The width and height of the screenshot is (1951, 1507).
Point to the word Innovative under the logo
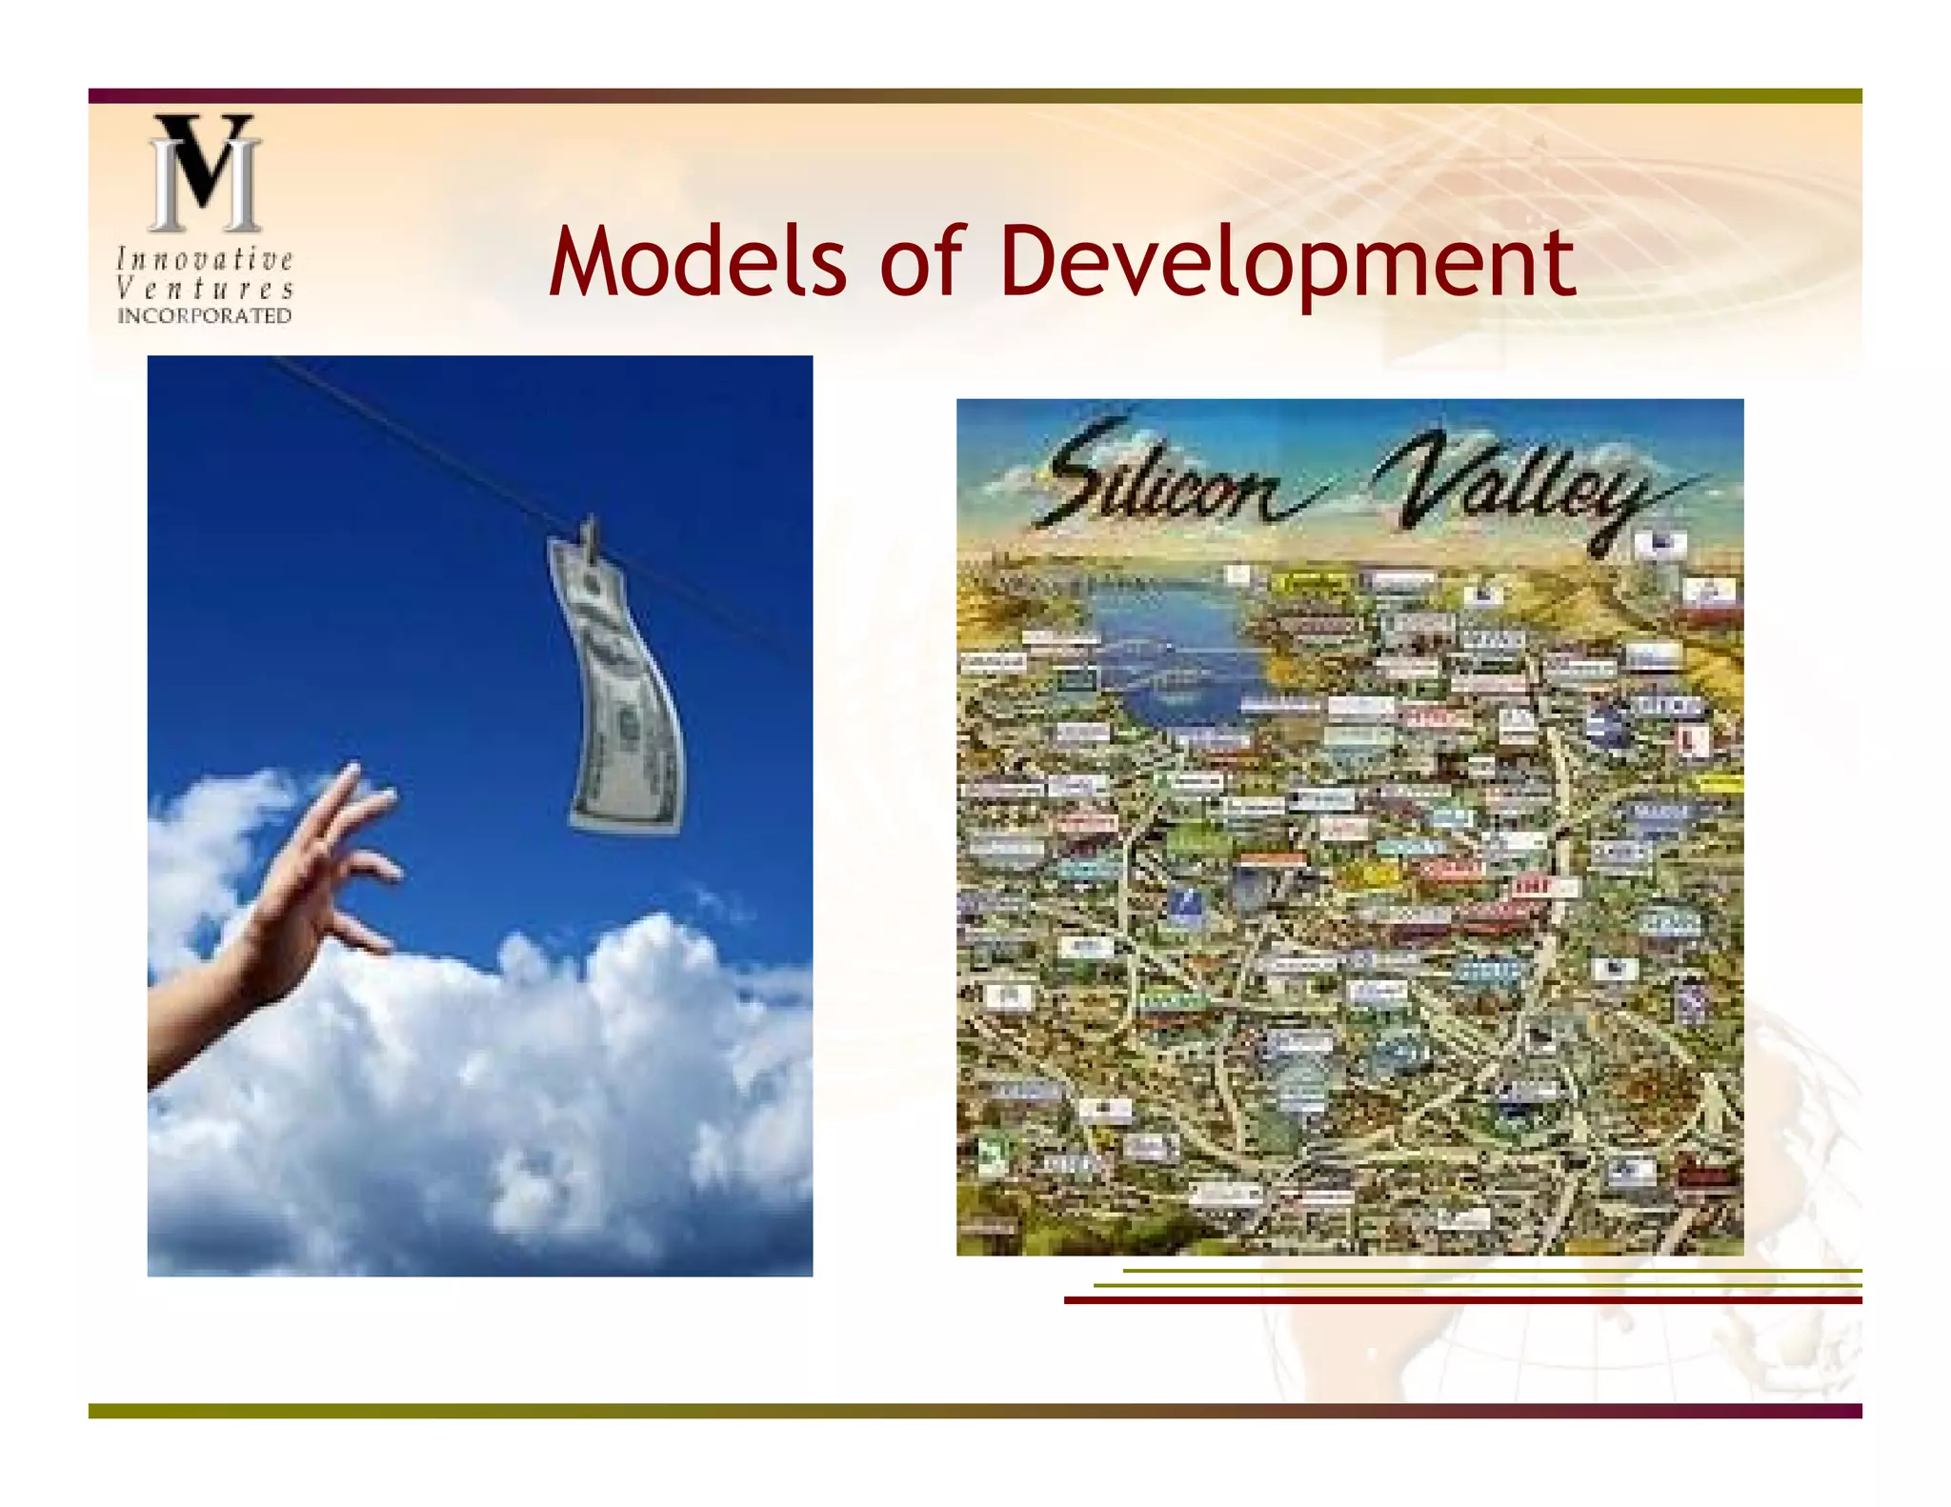pos(205,259)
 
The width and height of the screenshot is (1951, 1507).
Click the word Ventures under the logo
pos(205,288)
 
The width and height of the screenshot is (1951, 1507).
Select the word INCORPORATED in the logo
pos(205,316)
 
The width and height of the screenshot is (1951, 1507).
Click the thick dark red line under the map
pos(1462,1300)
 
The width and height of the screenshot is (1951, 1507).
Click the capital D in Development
pos(1033,261)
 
